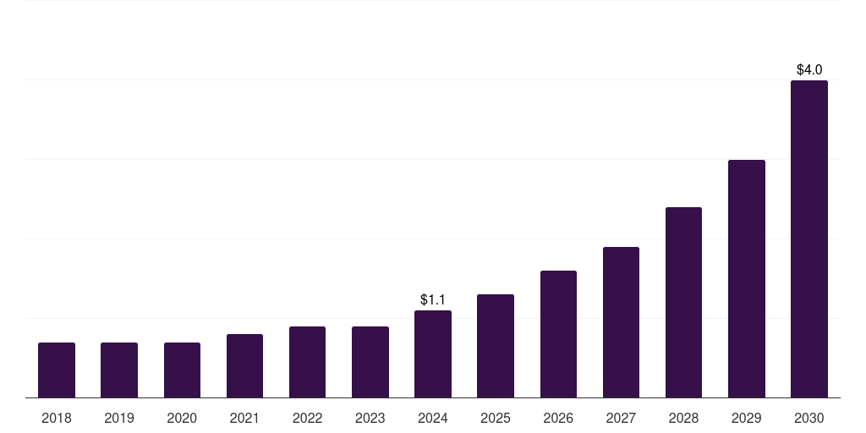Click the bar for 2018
tap(57, 370)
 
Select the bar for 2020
tap(182, 370)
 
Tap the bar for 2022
tap(307, 362)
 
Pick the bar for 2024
tap(433, 354)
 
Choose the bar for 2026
tap(558, 334)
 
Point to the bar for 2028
tap(683, 303)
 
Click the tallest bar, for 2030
tap(808, 239)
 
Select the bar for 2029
tap(746, 279)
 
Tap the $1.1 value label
tap(433, 300)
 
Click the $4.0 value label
tap(809, 69)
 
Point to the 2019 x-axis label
tap(119, 418)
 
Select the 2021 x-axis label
tap(244, 418)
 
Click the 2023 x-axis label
tap(370, 418)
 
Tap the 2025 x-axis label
tap(496, 418)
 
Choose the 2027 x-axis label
tap(621, 418)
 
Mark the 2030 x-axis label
tap(808, 418)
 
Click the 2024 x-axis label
tap(433, 418)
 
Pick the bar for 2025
tap(496, 346)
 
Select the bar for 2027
tap(621, 322)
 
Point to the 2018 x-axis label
tap(57, 418)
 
